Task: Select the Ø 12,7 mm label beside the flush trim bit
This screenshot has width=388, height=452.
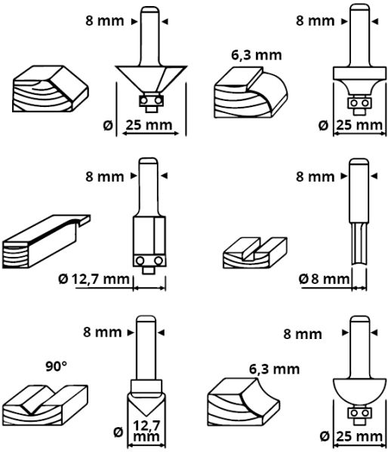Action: pos(94,279)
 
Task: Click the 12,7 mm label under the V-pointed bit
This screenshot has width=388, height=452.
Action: pos(152,434)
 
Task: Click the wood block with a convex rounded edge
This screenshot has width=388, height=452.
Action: pos(249,91)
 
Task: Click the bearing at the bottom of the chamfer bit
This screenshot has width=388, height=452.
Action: pos(149,99)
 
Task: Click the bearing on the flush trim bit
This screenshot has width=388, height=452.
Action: pos(146,261)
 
